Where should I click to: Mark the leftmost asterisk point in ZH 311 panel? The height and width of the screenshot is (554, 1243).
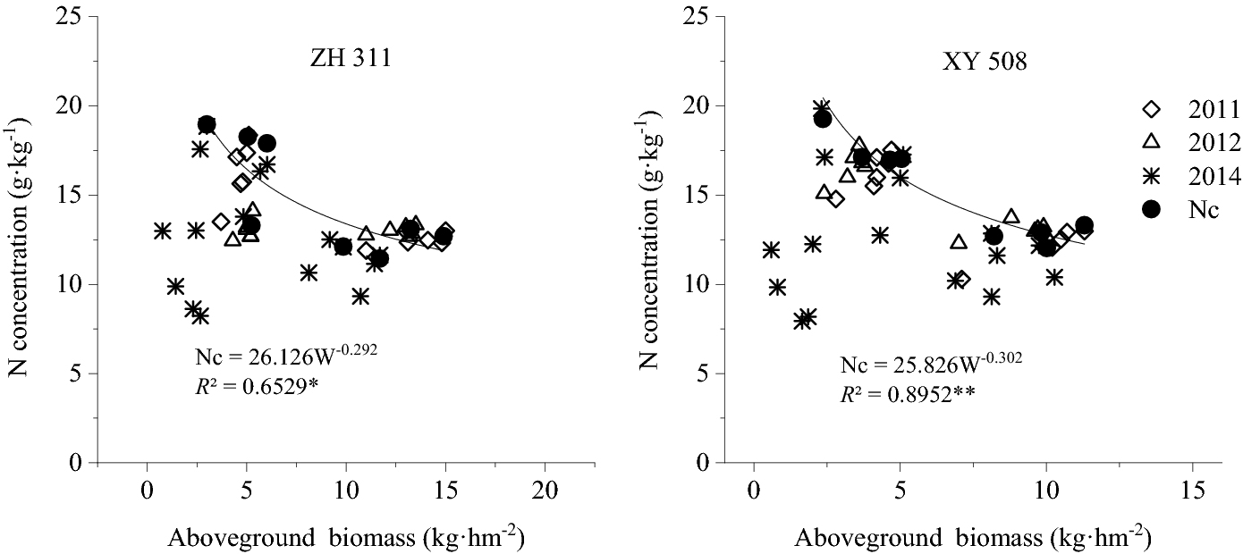click(x=162, y=231)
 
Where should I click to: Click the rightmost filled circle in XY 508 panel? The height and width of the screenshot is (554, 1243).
click(x=1084, y=226)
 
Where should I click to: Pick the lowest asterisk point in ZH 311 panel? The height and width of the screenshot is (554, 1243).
click(x=201, y=315)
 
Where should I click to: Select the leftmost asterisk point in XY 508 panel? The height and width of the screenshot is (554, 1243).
click(x=771, y=250)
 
